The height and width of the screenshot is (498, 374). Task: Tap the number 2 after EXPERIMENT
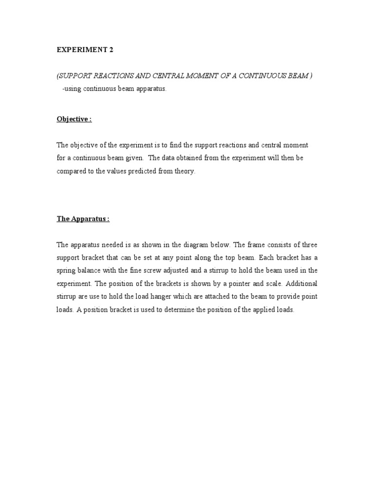coord(111,50)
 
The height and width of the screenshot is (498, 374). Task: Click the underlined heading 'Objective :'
coord(74,119)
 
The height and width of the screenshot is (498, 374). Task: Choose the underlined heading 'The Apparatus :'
coord(83,219)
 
